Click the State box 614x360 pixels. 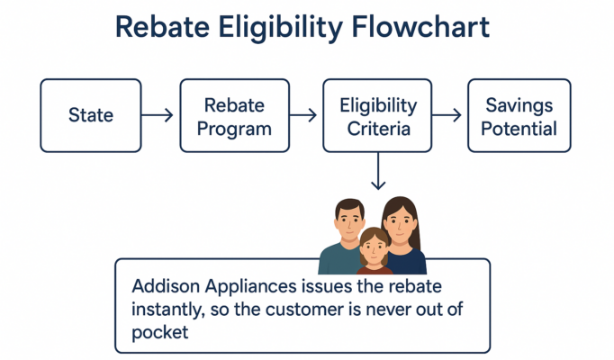(x=91, y=115)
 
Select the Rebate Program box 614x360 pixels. (x=235, y=115)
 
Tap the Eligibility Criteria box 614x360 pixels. (x=377, y=115)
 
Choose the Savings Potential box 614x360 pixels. (x=519, y=115)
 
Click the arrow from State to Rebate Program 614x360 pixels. (x=157, y=115)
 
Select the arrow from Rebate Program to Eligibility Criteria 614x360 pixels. (x=303, y=115)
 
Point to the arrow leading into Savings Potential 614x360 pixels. (x=447, y=115)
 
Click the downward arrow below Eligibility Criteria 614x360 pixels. (x=378, y=171)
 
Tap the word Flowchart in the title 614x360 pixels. (x=420, y=27)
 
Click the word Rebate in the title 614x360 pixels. (x=162, y=27)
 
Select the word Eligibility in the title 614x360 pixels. (x=280, y=28)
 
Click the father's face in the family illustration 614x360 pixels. (x=349, y=221)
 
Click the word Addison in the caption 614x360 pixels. (x=166, y=286)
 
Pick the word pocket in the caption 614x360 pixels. (x=159, y=333)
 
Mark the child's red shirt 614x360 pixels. (x=375, y=270)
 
